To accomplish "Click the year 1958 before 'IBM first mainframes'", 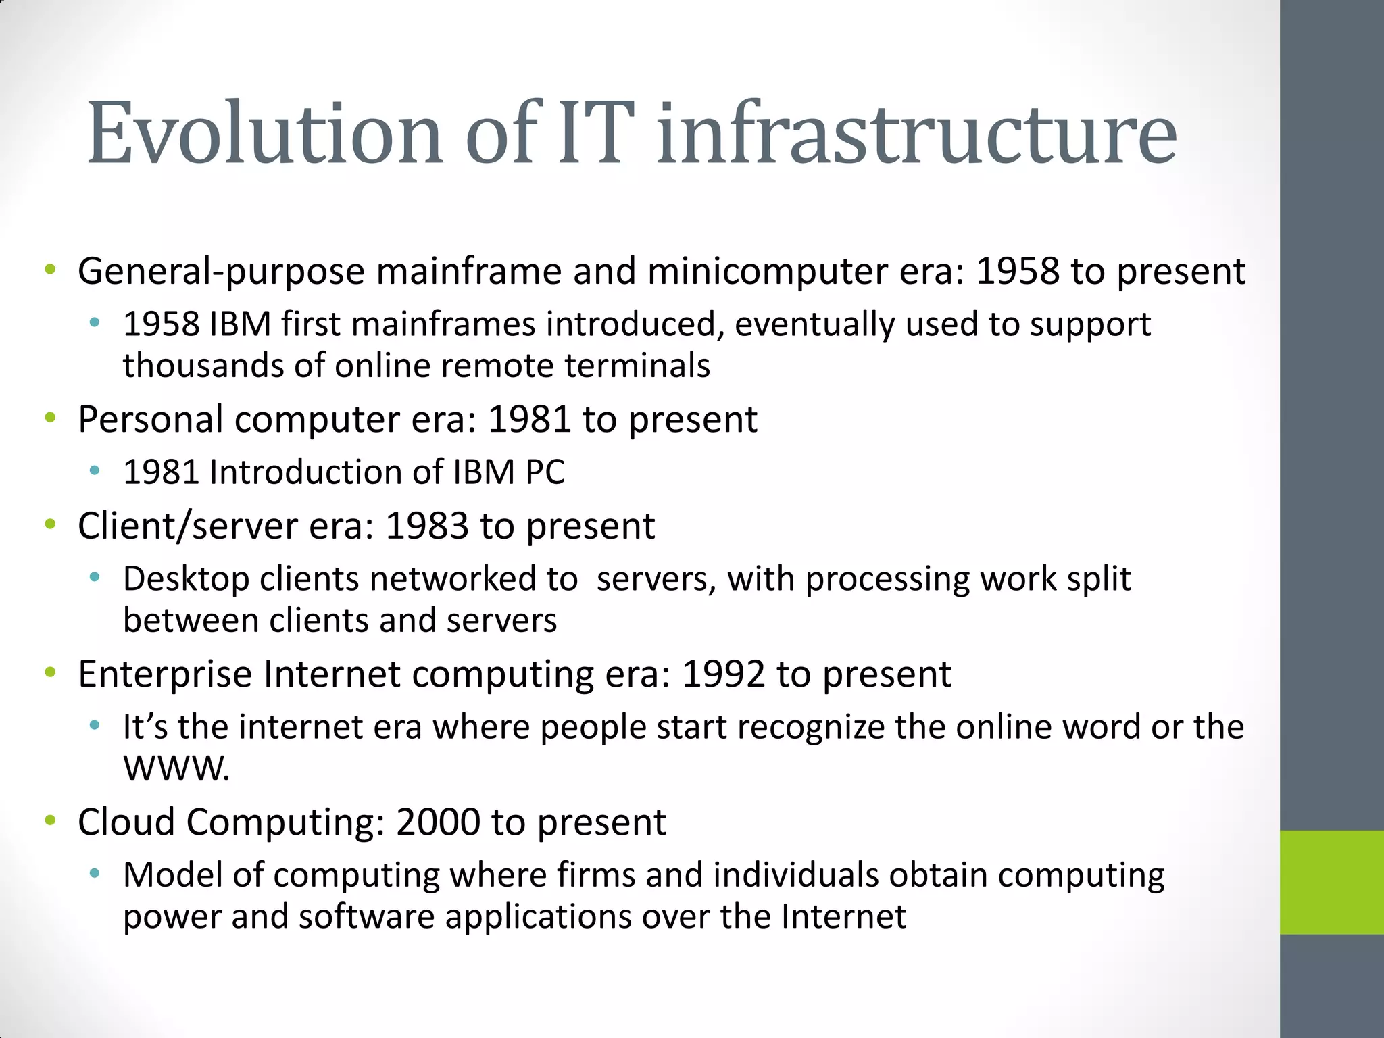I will [x=161, y=324].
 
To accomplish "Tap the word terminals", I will [x=637, y=366].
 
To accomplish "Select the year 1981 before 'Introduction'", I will [x=161, y=472].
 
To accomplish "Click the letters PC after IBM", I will [x=545, y=472].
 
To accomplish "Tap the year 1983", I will [x=426, y=526].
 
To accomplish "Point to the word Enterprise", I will [x=165, y=674].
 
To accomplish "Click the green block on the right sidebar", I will [x=1331, y=882].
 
